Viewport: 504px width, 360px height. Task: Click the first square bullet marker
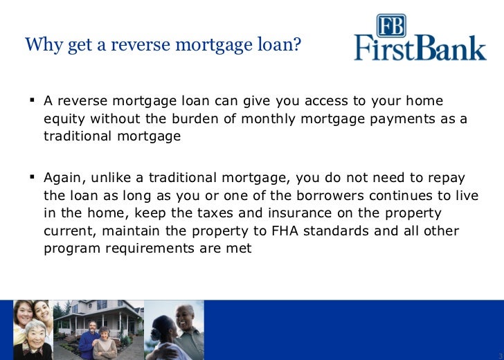(32, 100)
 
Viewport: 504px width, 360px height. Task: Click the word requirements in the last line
(146, 249)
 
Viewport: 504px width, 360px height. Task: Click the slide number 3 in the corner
(499, 356)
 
